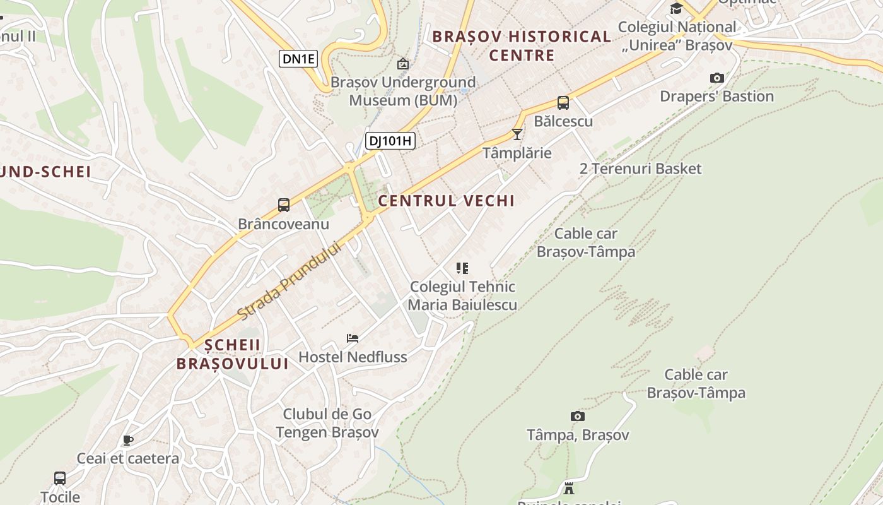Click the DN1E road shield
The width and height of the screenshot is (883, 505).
[x=298, y=59]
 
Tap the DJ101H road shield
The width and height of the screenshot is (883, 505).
[x=390, y=141]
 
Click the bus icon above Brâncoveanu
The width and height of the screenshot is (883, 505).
[x=284, y=205]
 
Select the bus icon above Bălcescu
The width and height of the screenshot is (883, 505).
[x=563, y=102]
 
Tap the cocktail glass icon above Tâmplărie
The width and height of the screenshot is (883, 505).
[x=517, y=134]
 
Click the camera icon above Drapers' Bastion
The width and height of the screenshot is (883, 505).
[x=716, y=78]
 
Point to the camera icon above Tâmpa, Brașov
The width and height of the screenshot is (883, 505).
[x=578, y=416]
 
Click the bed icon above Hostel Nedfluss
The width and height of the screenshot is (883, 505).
[x=353, y=338]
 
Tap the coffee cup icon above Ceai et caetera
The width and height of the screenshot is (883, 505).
[x=128, y=440]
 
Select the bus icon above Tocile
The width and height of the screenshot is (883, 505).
[x=60, y=478]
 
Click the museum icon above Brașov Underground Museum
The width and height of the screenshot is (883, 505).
[x=402, y=64]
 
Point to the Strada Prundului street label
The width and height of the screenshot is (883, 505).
[x=289, y=280]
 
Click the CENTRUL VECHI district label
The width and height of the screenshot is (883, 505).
[x=446, y=201]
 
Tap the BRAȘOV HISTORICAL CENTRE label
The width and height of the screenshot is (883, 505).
[x=522, y=45]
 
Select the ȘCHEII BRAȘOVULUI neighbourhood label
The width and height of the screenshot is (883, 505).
[x=232, y=354]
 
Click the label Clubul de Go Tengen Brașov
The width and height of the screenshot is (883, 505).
[x=327, y=423]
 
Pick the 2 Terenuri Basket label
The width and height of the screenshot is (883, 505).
[x=640, y=169]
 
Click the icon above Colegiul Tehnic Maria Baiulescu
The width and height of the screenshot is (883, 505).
[x=462, y=268]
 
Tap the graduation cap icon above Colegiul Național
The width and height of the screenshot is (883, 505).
[x=676, y=8]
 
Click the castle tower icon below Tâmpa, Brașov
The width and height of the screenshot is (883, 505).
[x=569, y=488]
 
